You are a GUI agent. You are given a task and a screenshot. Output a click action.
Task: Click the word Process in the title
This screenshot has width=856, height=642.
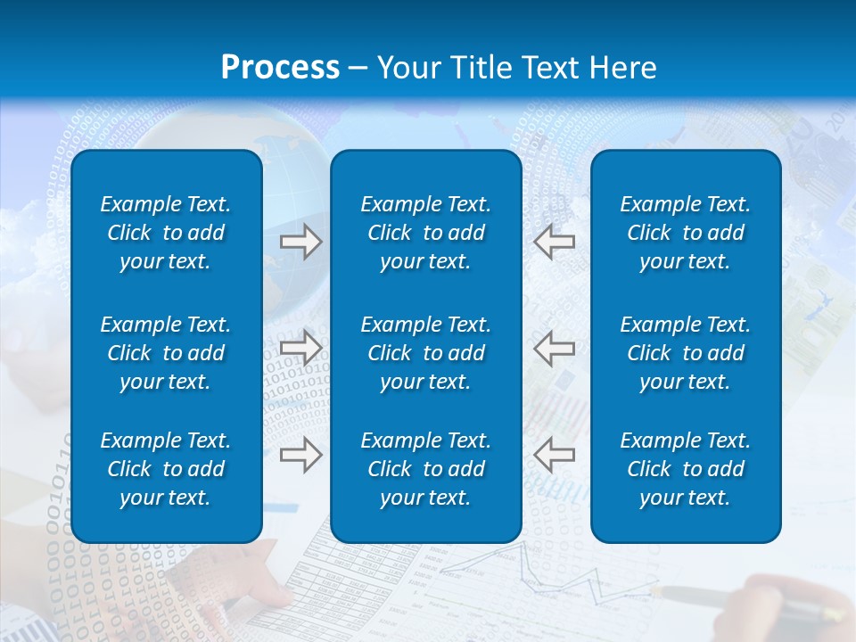point(280,68)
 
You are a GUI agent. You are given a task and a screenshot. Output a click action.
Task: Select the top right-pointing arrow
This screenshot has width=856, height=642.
point(301,242)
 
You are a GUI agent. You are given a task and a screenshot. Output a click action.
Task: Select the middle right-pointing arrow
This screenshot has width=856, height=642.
point(301,348)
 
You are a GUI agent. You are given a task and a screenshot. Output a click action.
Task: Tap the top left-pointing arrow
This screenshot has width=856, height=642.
point(554,242)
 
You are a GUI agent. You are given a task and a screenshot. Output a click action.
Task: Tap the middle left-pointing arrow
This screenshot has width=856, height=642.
point(554,348)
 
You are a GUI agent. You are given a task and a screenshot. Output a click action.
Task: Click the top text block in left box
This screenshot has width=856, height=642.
point(166,233)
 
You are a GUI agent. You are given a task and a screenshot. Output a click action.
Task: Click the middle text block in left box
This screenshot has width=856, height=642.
point(166,353)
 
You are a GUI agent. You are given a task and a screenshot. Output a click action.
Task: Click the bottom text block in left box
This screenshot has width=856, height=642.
point(166,469)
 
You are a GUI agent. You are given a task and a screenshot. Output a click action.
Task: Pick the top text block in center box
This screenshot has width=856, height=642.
point(425,233)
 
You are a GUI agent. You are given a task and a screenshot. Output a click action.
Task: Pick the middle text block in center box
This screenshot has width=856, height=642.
point(425,353)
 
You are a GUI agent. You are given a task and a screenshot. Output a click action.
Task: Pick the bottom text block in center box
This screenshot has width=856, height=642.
point(425,469)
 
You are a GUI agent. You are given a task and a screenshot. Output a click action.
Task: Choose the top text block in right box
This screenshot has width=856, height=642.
point(685,233)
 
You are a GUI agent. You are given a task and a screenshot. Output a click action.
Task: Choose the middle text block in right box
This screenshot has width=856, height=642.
point(685,353)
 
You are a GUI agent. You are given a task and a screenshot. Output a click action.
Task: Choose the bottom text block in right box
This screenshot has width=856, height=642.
point(685,469)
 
